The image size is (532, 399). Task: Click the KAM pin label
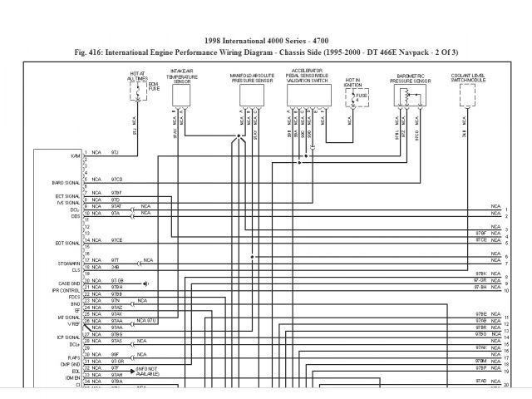click(x=76, y=155)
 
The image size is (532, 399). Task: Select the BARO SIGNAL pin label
click(x=66, y=180)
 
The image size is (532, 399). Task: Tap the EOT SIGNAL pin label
click(x=67, y=243)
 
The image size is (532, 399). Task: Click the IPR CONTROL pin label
click(x=67, y=288)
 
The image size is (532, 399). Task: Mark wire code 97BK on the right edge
click(x=480, y=273)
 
